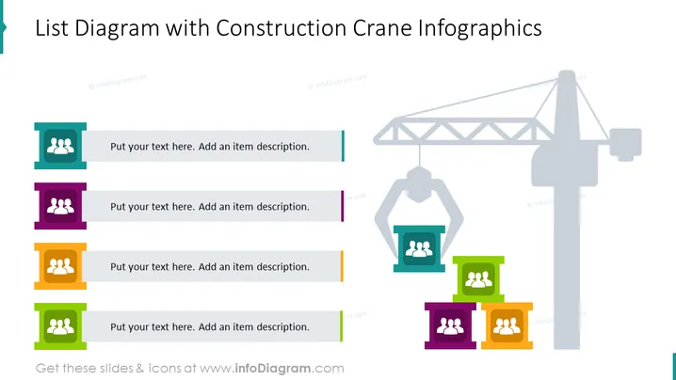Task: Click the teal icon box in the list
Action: click(x=60, y=146)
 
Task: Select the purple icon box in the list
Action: click(x=60, y=206)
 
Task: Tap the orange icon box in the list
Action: click(x=60, y=266)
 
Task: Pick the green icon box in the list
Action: click(x=60, y=326)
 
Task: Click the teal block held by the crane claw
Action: click(x=419, y=248)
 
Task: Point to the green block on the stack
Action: click(x=478, y=279)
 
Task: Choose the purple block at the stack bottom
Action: click(x=450, y=325)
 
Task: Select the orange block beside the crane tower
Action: click(x=507, y=325)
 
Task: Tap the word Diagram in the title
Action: click(x=117, y=29)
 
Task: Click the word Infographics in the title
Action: click(x=480, y=29)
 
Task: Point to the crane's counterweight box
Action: click(x=625, y=144)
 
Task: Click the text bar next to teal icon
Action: click(x=213, y=146)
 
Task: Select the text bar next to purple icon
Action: click(x=213, y=206)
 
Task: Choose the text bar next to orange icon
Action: click(x=213, y=266)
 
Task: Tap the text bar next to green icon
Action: click(x=213, y=326)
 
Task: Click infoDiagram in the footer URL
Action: click(x=273, y=369)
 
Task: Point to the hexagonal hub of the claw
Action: click(x=419, y=184)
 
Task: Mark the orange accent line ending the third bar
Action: click(x=342, y=266)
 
